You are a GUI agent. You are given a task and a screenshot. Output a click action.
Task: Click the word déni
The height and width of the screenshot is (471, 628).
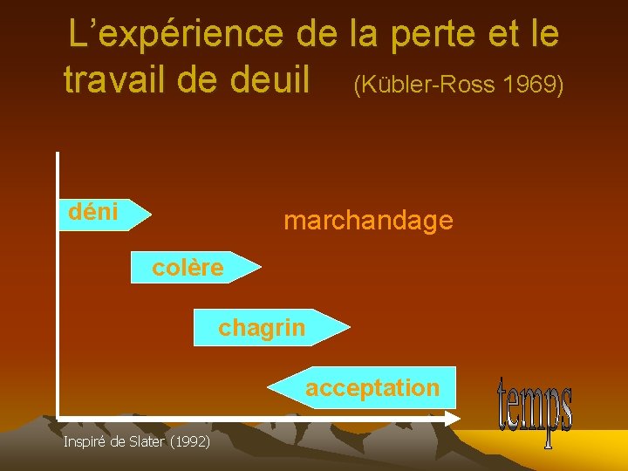click(93, 211)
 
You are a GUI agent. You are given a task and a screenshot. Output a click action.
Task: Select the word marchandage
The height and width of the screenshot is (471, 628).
click(368, 221)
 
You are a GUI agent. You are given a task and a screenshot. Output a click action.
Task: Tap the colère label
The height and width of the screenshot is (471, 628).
click(188, 268)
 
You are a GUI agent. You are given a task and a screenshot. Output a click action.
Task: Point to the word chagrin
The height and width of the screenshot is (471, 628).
click(262, 328)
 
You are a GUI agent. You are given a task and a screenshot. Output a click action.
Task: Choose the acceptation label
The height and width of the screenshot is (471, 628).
click(372, 388)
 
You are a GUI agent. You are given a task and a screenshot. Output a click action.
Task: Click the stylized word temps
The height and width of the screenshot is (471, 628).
click(535, 410)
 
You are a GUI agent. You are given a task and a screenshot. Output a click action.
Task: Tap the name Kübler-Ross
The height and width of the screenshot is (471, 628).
click(425, 85)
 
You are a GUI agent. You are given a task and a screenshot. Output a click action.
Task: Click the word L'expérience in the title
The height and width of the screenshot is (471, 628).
click(177, 35)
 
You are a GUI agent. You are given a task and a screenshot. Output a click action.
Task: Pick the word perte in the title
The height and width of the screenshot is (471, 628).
click(432, 35)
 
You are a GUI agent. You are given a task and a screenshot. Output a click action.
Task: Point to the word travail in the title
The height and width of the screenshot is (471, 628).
click(116, 79)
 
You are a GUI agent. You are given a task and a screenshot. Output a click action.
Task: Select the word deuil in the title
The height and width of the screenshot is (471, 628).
click(268, 79)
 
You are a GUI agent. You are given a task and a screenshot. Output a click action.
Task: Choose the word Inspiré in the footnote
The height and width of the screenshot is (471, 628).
click(85, 442)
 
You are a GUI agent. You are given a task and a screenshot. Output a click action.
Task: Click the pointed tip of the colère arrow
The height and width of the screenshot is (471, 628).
click(259, 268)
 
